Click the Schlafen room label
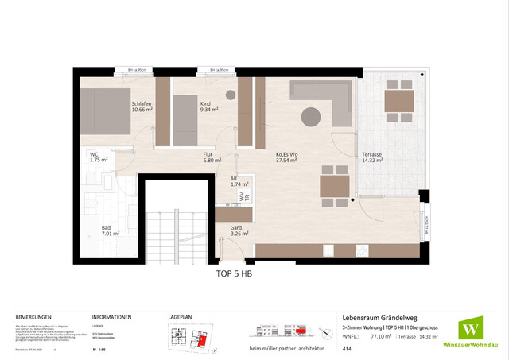click(x=142, y=107)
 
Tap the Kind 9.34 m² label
click(x=204, y=107)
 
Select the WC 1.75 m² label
click(x=99, y=157)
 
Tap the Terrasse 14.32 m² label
click(x=372, y=157)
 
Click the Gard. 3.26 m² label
click(x=239, y=230)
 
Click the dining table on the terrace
click(x=392, y=102)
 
